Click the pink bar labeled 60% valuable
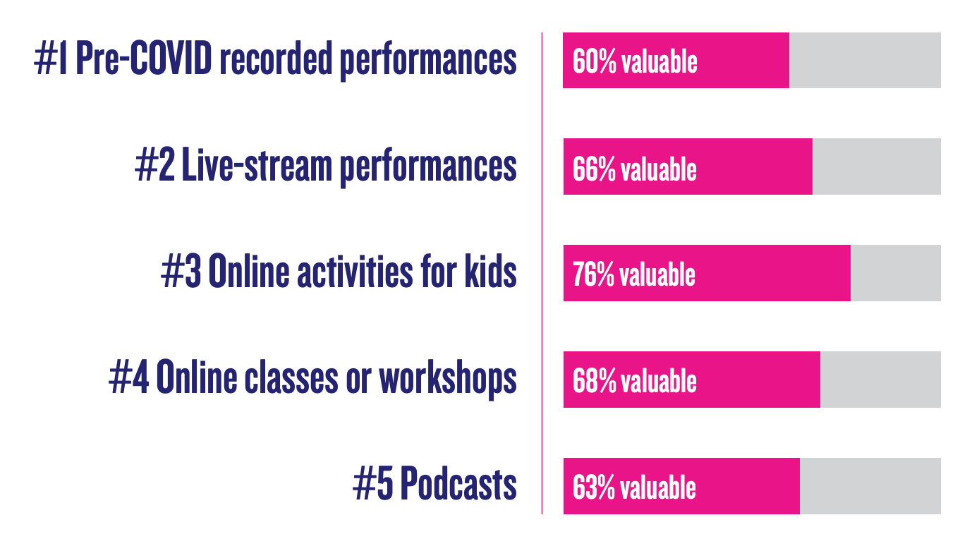[676, 61]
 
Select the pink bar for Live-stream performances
[688, 166]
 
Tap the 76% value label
[593, 274]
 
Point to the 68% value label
[594, 381]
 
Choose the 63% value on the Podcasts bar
[593, 487]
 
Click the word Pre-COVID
[144, 58]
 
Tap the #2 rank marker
[155, 165]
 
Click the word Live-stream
[257, 164]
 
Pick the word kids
[490, 271]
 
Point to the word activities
[355, 271]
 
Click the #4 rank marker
[129, 377]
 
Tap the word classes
[291, 377]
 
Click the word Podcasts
[458, 483]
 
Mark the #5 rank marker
[373, 484]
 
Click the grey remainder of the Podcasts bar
[870, 486]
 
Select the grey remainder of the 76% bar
[896, 273]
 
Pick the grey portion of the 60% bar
[865, 61]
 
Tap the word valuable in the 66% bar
[659, 169]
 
